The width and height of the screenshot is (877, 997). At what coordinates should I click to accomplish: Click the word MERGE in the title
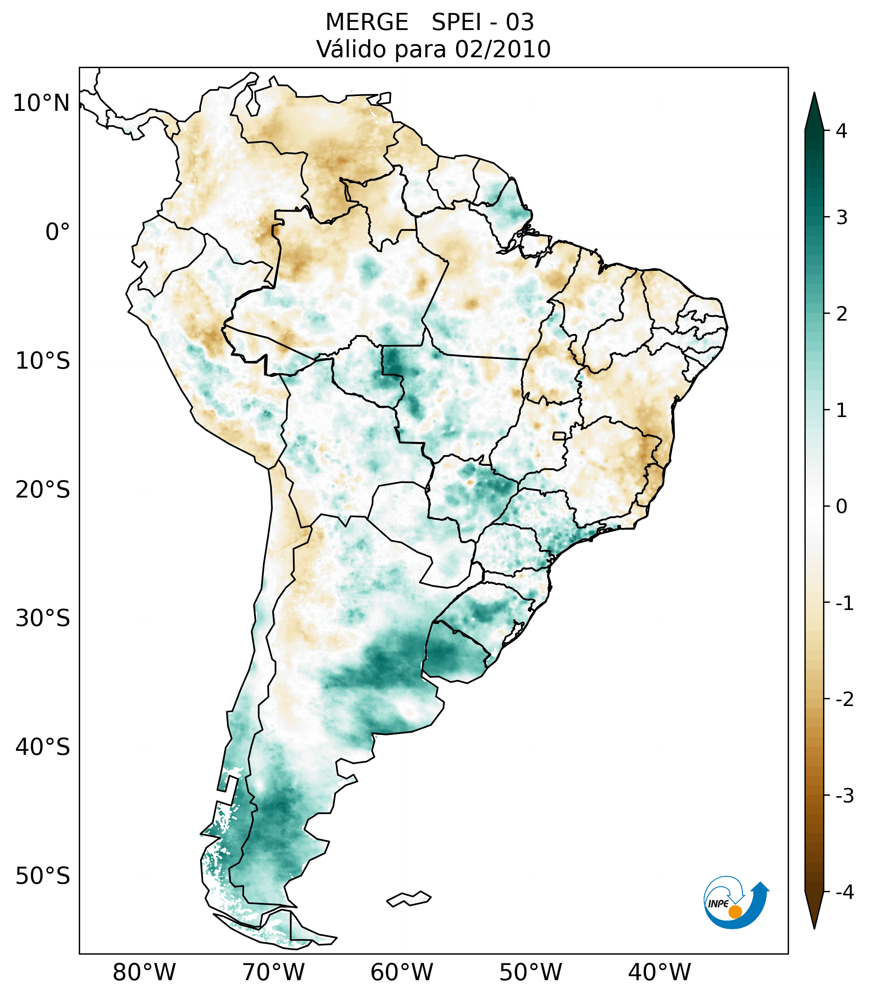(367, 22)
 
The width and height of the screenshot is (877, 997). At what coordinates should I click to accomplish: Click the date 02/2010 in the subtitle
(502, 49)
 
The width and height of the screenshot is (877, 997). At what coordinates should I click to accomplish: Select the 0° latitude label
(58, 232)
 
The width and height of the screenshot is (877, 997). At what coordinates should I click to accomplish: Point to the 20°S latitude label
(43, 490)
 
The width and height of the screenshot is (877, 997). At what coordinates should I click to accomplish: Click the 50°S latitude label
(43, 877)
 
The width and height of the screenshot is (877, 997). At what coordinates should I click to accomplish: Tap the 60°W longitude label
(401, 973)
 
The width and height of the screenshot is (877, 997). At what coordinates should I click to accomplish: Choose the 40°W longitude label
(660, 973)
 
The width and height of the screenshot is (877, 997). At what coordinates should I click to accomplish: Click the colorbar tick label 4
(841, 131)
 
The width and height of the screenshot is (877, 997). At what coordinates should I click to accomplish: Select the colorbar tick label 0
(841, 507)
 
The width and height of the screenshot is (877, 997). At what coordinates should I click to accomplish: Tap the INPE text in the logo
(718, 904)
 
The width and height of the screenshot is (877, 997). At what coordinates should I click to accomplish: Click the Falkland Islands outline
(409, 899)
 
